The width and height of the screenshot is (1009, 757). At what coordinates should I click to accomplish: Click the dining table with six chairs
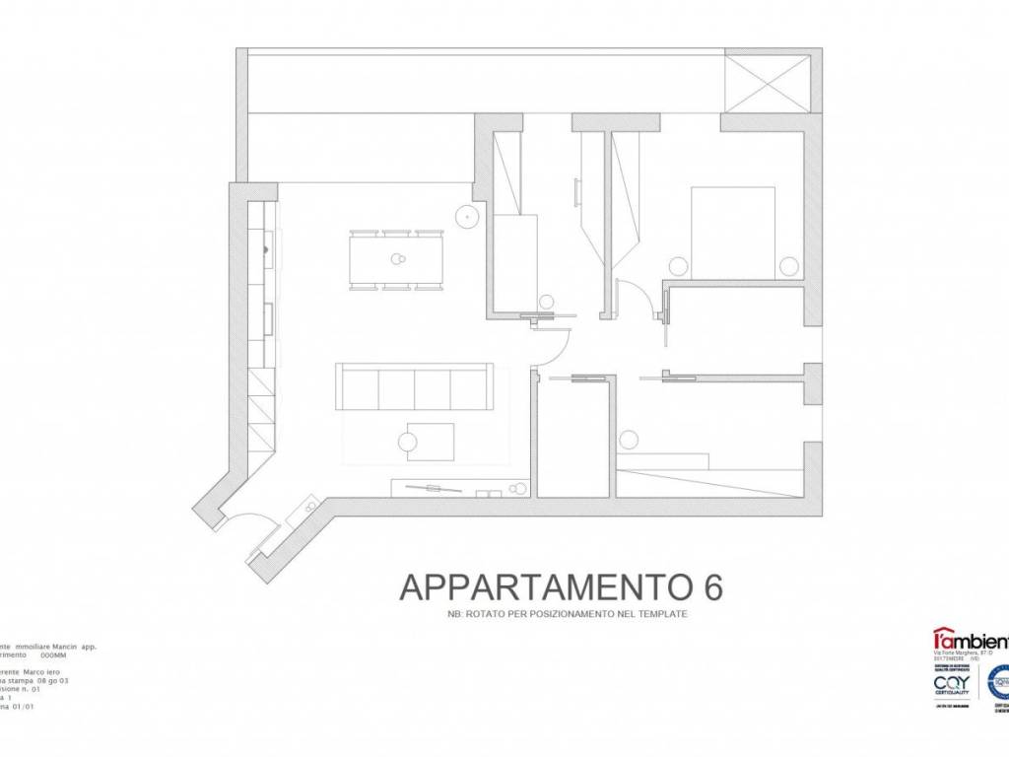coord(397,259)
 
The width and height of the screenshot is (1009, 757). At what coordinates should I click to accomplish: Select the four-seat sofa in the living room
coord(414,386)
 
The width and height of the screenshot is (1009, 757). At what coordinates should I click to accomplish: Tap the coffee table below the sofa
coord(430,442)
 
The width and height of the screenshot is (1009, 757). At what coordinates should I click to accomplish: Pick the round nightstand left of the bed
coord(678,265)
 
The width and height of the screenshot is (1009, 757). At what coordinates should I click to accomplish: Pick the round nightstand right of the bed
coord(788,265)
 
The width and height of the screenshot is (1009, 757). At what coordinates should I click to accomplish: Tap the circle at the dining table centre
coord(398,260)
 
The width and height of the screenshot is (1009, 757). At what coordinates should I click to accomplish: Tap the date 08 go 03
coord(53,680)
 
